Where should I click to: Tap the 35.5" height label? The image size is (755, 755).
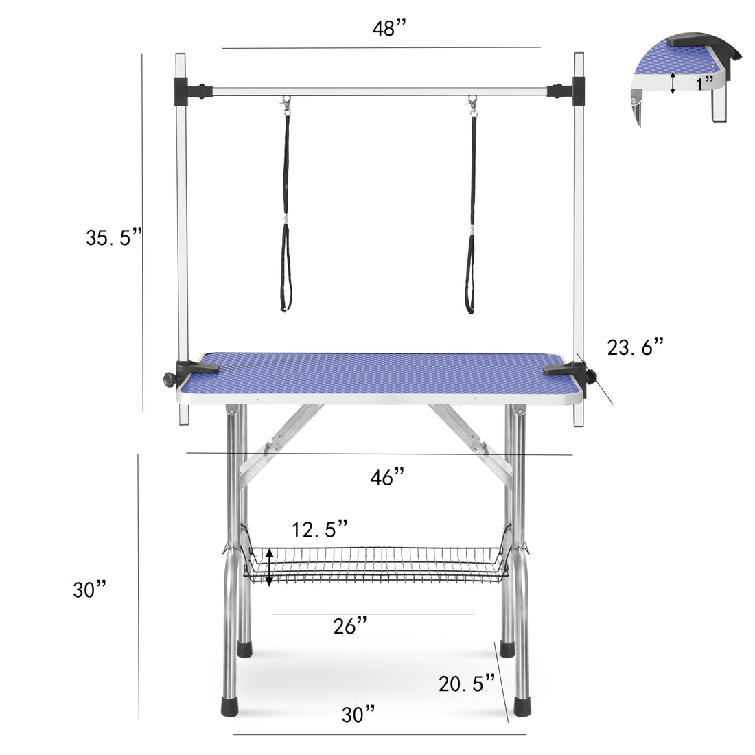click(114, 237)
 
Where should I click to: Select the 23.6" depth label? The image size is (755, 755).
click(636, 347)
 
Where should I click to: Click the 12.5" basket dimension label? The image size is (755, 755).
click(320, 529)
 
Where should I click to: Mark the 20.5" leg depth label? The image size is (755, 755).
click(467, 683)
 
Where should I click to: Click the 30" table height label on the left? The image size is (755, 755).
click(90, 590)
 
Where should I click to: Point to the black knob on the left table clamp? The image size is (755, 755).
click(167, 379)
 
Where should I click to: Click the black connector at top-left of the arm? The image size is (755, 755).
click(184, 88)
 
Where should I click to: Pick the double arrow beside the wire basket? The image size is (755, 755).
click(270, 567)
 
